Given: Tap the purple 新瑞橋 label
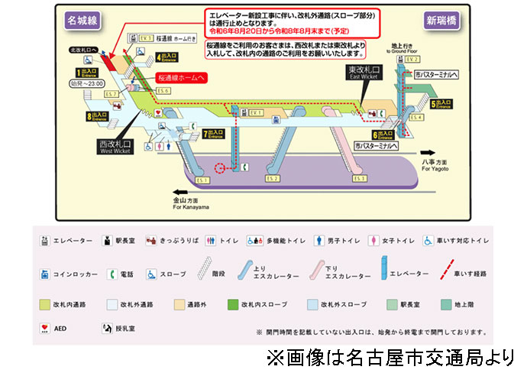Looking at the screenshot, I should tap(441, 19).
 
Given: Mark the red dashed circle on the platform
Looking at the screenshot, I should tap(221, 167).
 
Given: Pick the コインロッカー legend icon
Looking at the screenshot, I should tap(45, 273).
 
